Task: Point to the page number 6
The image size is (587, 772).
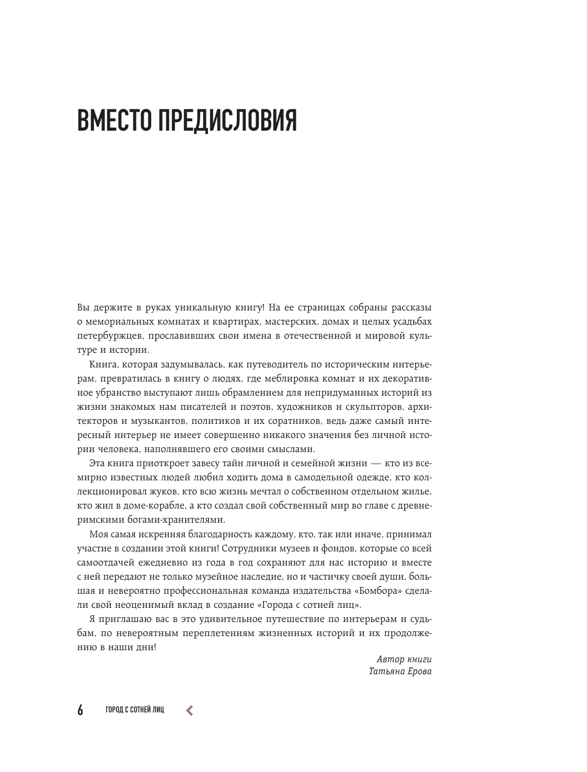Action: tap(80, 710)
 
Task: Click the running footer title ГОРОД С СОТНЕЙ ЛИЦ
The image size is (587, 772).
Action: tap(134, 710)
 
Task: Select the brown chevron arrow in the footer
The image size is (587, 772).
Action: tap(189, 710)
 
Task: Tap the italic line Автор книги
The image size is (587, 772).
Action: tap(404, 659)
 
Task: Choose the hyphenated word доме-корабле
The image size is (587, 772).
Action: tap(144, 505)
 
